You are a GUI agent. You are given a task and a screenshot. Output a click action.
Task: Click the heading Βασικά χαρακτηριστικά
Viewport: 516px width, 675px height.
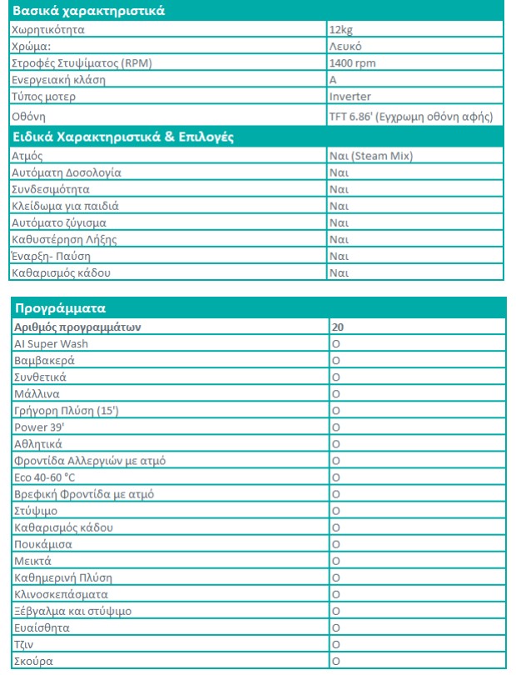click(87, 12)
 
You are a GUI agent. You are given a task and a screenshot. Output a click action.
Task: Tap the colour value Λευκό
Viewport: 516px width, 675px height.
click(345, 47)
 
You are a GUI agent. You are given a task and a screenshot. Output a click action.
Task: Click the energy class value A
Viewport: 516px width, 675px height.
click(333, 80)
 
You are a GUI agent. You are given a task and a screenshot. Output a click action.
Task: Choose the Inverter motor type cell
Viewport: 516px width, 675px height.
click(350, 97)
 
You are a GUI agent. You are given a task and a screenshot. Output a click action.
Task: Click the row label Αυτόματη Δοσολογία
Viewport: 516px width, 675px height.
click(67, 172)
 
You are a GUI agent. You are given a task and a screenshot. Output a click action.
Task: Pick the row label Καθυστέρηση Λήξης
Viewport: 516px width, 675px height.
click(64, 239)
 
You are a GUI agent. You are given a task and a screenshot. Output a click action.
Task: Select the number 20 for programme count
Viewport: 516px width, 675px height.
click(338, 327)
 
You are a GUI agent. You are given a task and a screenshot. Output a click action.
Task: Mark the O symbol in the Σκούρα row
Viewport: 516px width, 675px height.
click(336, 661)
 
